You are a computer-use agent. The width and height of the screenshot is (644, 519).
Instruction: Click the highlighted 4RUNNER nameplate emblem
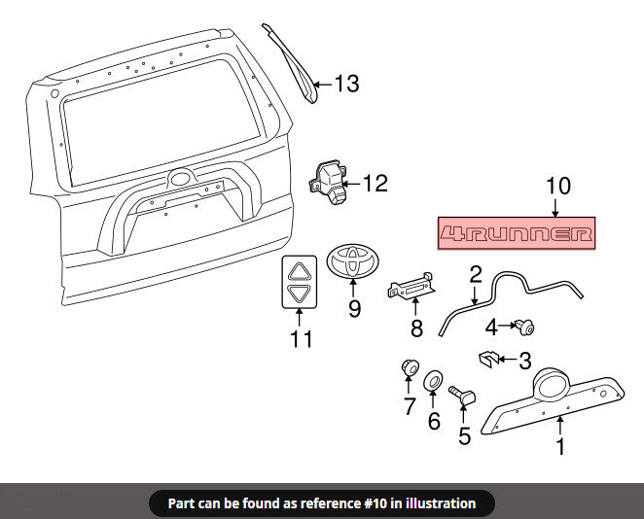pyautogui.click(x=517, y=233)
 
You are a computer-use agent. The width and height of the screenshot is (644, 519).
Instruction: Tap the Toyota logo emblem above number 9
pyautogui.click(x=353, y=260)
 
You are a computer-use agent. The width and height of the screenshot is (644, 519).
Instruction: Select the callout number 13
pyautogui.click(x=347, y=84)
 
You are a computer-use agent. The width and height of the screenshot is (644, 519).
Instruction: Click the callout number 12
pyautogui.click(x=376, y=184)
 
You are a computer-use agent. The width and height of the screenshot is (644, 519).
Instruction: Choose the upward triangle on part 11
pyautogui.click(x=299, y=271)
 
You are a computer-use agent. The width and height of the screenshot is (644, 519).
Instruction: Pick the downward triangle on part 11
pyautogui.click(x=299, y=294)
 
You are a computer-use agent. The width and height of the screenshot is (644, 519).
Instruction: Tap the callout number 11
pyautogui.click(x=301, y=339)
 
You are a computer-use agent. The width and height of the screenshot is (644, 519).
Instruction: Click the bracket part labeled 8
pyautogui.click(x=411, y=287)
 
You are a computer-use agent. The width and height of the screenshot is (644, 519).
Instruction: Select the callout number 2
pyautogui.click(x=475, y=274)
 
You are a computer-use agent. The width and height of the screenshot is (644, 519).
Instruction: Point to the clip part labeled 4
pyautogui.click(x=524, y=327)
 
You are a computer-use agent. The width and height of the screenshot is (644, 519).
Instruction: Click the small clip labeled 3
pyautogui.click(x=488, y=360)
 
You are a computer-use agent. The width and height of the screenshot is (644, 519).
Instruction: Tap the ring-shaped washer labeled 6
pyautogui.click(x=433, y=381)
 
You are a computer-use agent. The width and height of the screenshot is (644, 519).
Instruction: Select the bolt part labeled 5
pyautogui.click(x=462, y=396)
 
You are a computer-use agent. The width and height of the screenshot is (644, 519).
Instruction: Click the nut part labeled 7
pyautogui.click(x=410, y=366)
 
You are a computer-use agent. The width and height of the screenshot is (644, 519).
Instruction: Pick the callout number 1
pyautogui.click(x=560, y=446)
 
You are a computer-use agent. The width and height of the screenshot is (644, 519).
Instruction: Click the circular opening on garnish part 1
pyautogui.click(x=552, y=386)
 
